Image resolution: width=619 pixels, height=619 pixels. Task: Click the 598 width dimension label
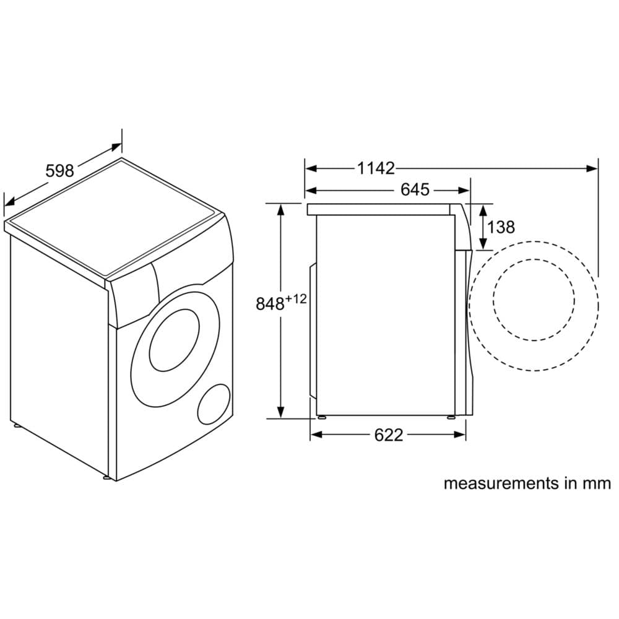point(60,170)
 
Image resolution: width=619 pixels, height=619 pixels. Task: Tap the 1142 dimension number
point(374,168)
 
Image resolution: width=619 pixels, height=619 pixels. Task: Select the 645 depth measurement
point(414,189)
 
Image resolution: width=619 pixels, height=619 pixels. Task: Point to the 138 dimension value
point(501,227)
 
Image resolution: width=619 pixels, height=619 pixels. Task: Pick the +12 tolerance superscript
point(297,299)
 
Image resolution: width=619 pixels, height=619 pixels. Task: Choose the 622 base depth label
point(388,435)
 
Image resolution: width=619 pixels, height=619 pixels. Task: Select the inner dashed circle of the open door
point(534,300)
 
